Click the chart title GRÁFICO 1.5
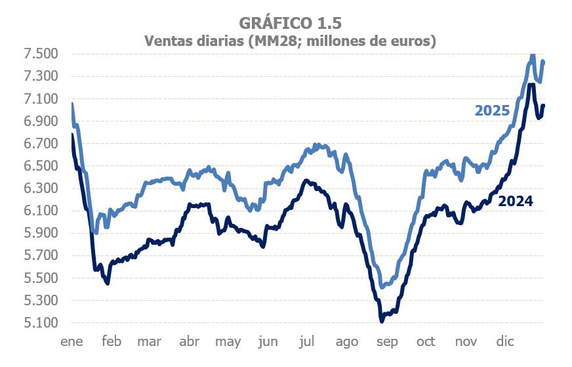pyautogui.click(x=290, y=23)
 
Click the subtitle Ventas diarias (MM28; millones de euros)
pyautogui.click(x=290, y=41)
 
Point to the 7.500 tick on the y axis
pyautogui.click(x=41, y=54)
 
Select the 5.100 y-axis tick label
pyautogui.click(x=41, y=323)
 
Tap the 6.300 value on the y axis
pyautogui.click(x=41, y=188)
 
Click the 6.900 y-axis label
pyautogui.click(x=41, y=121)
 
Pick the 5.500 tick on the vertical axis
pyautogui.click(x=41, y=278)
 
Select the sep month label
pyautogui.click(x=386, y=341)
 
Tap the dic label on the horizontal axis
pyautogui.click(x=504, y=341)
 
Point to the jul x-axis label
pyautogui.click(x=308, y=341)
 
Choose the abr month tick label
pyautogui.click(x=189, y=341)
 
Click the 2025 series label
pyautogui.click(x=492, y=110)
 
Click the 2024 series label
pyautogui.click(x=515, y=202)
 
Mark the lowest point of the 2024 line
pyautogui.click(x=382, y=321)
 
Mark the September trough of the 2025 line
pyautogui.click(x=382, y=288)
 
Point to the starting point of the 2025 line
pyautogui.click(x=71, y=104)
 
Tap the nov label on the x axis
pyautogui.click(x=465, y=341)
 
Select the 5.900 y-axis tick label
pyautogui.click(x=41, y=233)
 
